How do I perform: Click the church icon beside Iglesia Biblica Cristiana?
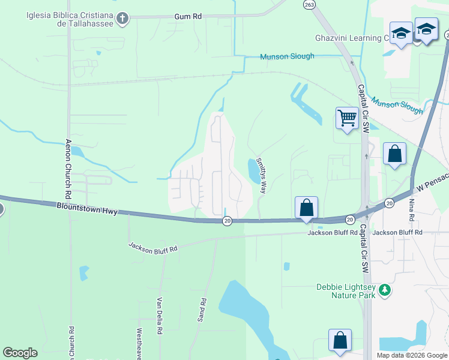tap(122, 19)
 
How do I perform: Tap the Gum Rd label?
tap(187, 17)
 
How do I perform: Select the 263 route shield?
tap(309, 4)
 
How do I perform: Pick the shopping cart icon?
tap(347, 119)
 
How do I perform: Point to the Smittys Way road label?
tap(261, 175)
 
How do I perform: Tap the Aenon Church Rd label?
tap(68, 170)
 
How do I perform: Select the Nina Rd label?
tap(412, 210)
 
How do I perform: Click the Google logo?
tap(20, 353)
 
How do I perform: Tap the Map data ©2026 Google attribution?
tap(412, 355)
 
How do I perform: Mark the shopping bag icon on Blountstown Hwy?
tap(306, 208)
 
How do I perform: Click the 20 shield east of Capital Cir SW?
tap(389, 203)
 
